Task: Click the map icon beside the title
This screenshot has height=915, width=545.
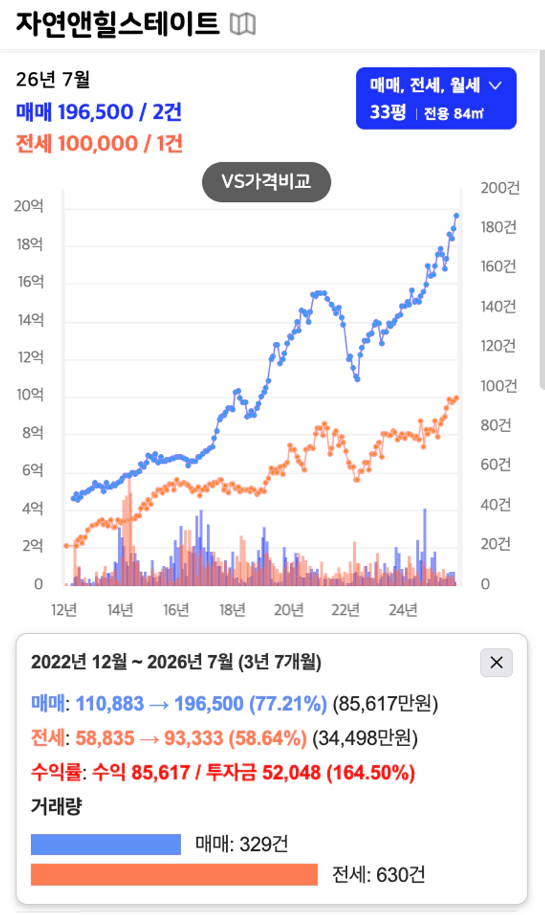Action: (x=243, y=24)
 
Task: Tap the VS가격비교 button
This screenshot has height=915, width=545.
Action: (x=266, y=182)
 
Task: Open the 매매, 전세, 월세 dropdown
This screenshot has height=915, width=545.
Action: (x=436, y=98)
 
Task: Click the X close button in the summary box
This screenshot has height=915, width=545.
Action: (x=496, y=662)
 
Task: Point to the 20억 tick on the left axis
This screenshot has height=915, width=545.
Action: (x=28, y=206)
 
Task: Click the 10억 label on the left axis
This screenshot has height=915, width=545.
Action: (x=30, y=394)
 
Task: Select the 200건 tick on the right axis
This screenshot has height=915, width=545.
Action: (x=500, y=188)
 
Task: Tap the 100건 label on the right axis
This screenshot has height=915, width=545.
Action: (x=499, y=386)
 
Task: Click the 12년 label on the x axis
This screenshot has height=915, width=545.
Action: (x=64, y=610)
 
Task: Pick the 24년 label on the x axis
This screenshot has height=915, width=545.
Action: (x=403, y=610)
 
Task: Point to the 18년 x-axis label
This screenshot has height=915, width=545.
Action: (x=232, y=610)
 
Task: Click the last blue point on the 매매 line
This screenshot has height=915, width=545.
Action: (x=457, y=216)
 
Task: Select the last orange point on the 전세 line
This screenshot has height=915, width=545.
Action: (x=457, y=398)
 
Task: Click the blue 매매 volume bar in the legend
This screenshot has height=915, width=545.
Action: (x=106, y=844)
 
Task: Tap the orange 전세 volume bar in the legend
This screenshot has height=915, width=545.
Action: (x=174, y=875)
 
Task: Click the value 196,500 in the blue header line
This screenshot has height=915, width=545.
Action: (x=96, y=112)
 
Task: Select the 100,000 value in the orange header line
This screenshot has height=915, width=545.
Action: (x=98, y=144)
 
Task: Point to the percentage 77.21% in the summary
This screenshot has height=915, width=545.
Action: (x=288, y=703)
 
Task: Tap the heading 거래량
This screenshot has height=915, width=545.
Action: (x=56, y=806)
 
